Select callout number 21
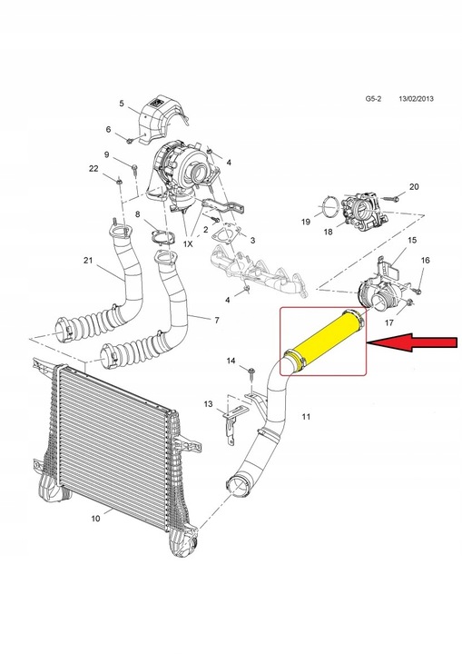click(88, 262)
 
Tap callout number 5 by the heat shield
click(122, 104)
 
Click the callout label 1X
click(189, 245)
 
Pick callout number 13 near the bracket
click(208, 402)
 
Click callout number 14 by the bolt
click(231, 362)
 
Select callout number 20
click(414, 187)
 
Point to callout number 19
click(306, 222)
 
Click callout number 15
click(412, 240)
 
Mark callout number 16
click(426, 261)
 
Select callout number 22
click(93, 169)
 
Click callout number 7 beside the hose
click(216, 321)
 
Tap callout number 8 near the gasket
click(138, 214)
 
